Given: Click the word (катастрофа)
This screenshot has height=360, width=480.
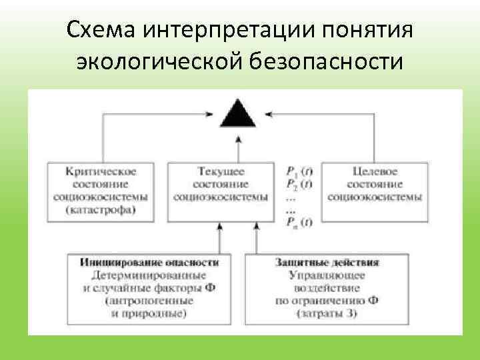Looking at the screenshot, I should pos(100,211).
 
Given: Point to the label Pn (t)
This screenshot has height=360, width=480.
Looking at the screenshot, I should pos(297,222).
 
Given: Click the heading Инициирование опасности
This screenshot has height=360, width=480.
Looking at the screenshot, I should pos(149,263).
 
